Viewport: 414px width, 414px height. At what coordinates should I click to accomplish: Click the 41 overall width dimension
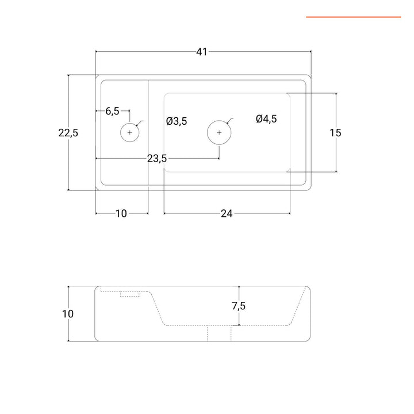coord(201,52)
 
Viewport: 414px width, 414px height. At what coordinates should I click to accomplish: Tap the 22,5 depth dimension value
coord(68,133)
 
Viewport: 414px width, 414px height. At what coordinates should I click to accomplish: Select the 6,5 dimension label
coord(112,111)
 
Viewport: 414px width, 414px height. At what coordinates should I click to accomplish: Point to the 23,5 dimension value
coord(157,159)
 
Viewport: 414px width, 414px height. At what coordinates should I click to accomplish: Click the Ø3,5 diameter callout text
coord(177,121)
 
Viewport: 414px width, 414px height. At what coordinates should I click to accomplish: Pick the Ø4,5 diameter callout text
coord(266,118)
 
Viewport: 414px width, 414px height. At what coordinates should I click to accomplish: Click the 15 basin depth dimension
coord(335,133)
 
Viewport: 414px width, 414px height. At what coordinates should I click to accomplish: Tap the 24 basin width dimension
coord(227,214)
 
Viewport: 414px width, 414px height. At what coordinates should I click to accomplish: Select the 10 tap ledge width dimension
coord(121,214)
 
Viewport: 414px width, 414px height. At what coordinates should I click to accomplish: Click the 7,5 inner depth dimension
coord(239,306)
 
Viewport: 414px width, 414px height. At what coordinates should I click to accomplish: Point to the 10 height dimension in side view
coord(68,314)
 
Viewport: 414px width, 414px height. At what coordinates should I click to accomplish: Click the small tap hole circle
coord(130,132)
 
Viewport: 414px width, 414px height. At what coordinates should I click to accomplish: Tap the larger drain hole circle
coord(219,132)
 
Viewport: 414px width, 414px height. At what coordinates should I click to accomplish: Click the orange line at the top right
coord(353,17)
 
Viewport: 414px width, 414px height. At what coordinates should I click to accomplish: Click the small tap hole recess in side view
coord(131,294)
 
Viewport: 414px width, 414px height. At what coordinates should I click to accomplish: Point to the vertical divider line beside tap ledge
coord(149,133)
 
